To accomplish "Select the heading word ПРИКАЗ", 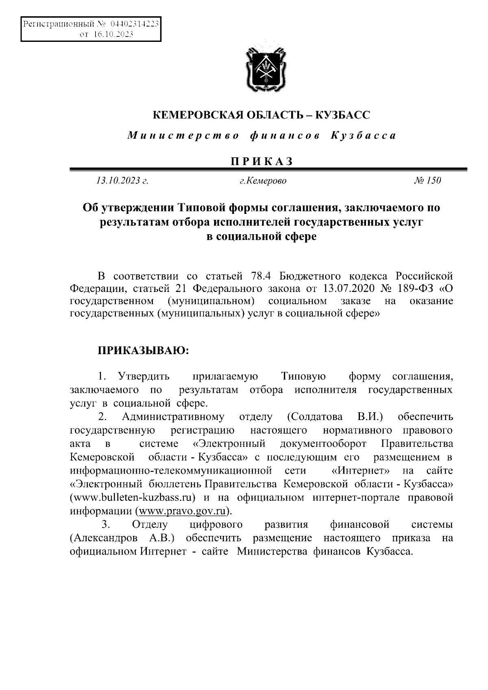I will [262, 161].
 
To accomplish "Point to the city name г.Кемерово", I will [263, 181].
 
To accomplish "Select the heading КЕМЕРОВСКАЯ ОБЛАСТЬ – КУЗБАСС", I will [261, 115].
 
